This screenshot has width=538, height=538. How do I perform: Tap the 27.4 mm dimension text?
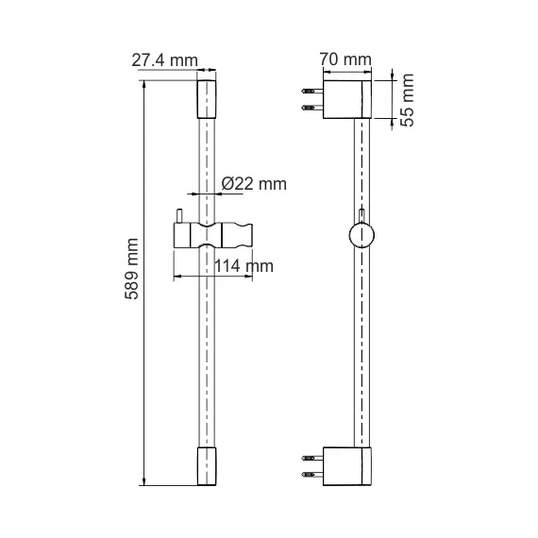coord(165,61)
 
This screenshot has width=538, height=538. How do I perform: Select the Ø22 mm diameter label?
coord(252,184)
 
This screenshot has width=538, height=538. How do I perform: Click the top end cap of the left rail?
coord(205,98)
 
